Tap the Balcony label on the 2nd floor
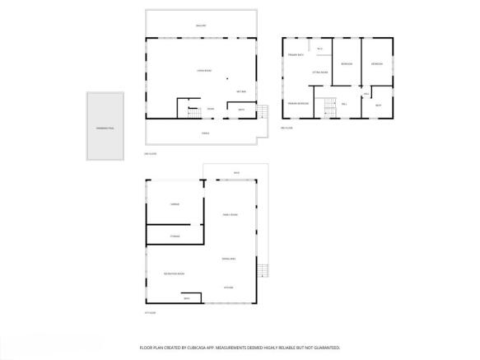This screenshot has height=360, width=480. click(x=201, y=26)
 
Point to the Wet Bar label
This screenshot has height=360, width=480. click(x=241, y=91)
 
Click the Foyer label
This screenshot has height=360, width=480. click(x=211, y=109)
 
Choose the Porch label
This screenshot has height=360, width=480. click(x=205, y=133)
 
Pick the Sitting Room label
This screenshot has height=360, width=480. click(x=320, y=72)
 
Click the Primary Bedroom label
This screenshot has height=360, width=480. click(x=298, y=103)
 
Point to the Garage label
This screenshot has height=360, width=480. click(x=175, y=203)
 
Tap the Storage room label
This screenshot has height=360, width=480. click(x=175, y=236)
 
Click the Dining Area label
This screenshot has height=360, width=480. click(x=229, y=259)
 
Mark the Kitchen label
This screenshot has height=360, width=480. click(x=228, y=287)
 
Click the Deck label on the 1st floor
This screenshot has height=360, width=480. click(x=236, y=172)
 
